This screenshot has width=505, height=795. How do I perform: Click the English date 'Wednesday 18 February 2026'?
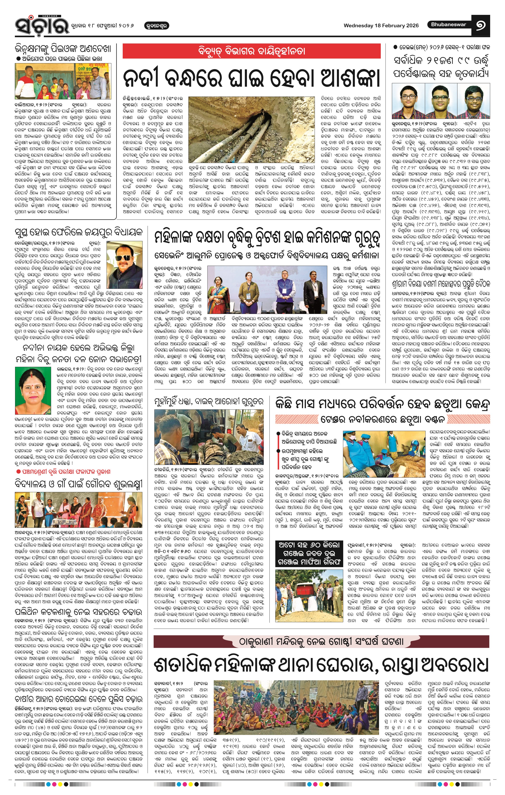tap(381, 25)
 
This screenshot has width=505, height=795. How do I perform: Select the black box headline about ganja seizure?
tap(309, 554)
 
